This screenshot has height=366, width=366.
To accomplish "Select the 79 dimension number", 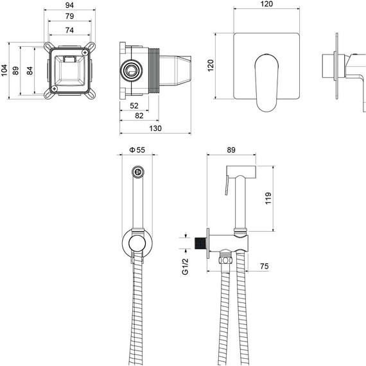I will pyautogui.click(x=69, y=18).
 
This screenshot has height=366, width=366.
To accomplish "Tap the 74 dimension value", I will pyautogui.click(x=69, y=30).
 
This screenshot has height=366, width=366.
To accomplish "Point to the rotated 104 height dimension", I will pyautogui.click(x=5, y=71).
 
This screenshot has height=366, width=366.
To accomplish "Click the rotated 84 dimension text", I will pyautogui.click(x=29, y=71).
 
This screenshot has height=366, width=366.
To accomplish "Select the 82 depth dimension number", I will pyautogui.click(x=138, y=116).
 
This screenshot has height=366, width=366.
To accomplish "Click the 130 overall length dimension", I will pyautogui.click(x=155, y=128).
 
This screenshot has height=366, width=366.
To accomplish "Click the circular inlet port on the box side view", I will pyautogui.click(x=133, y=69).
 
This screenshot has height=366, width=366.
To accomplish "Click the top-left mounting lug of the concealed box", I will pyautogui.click(x=48, y=48).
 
